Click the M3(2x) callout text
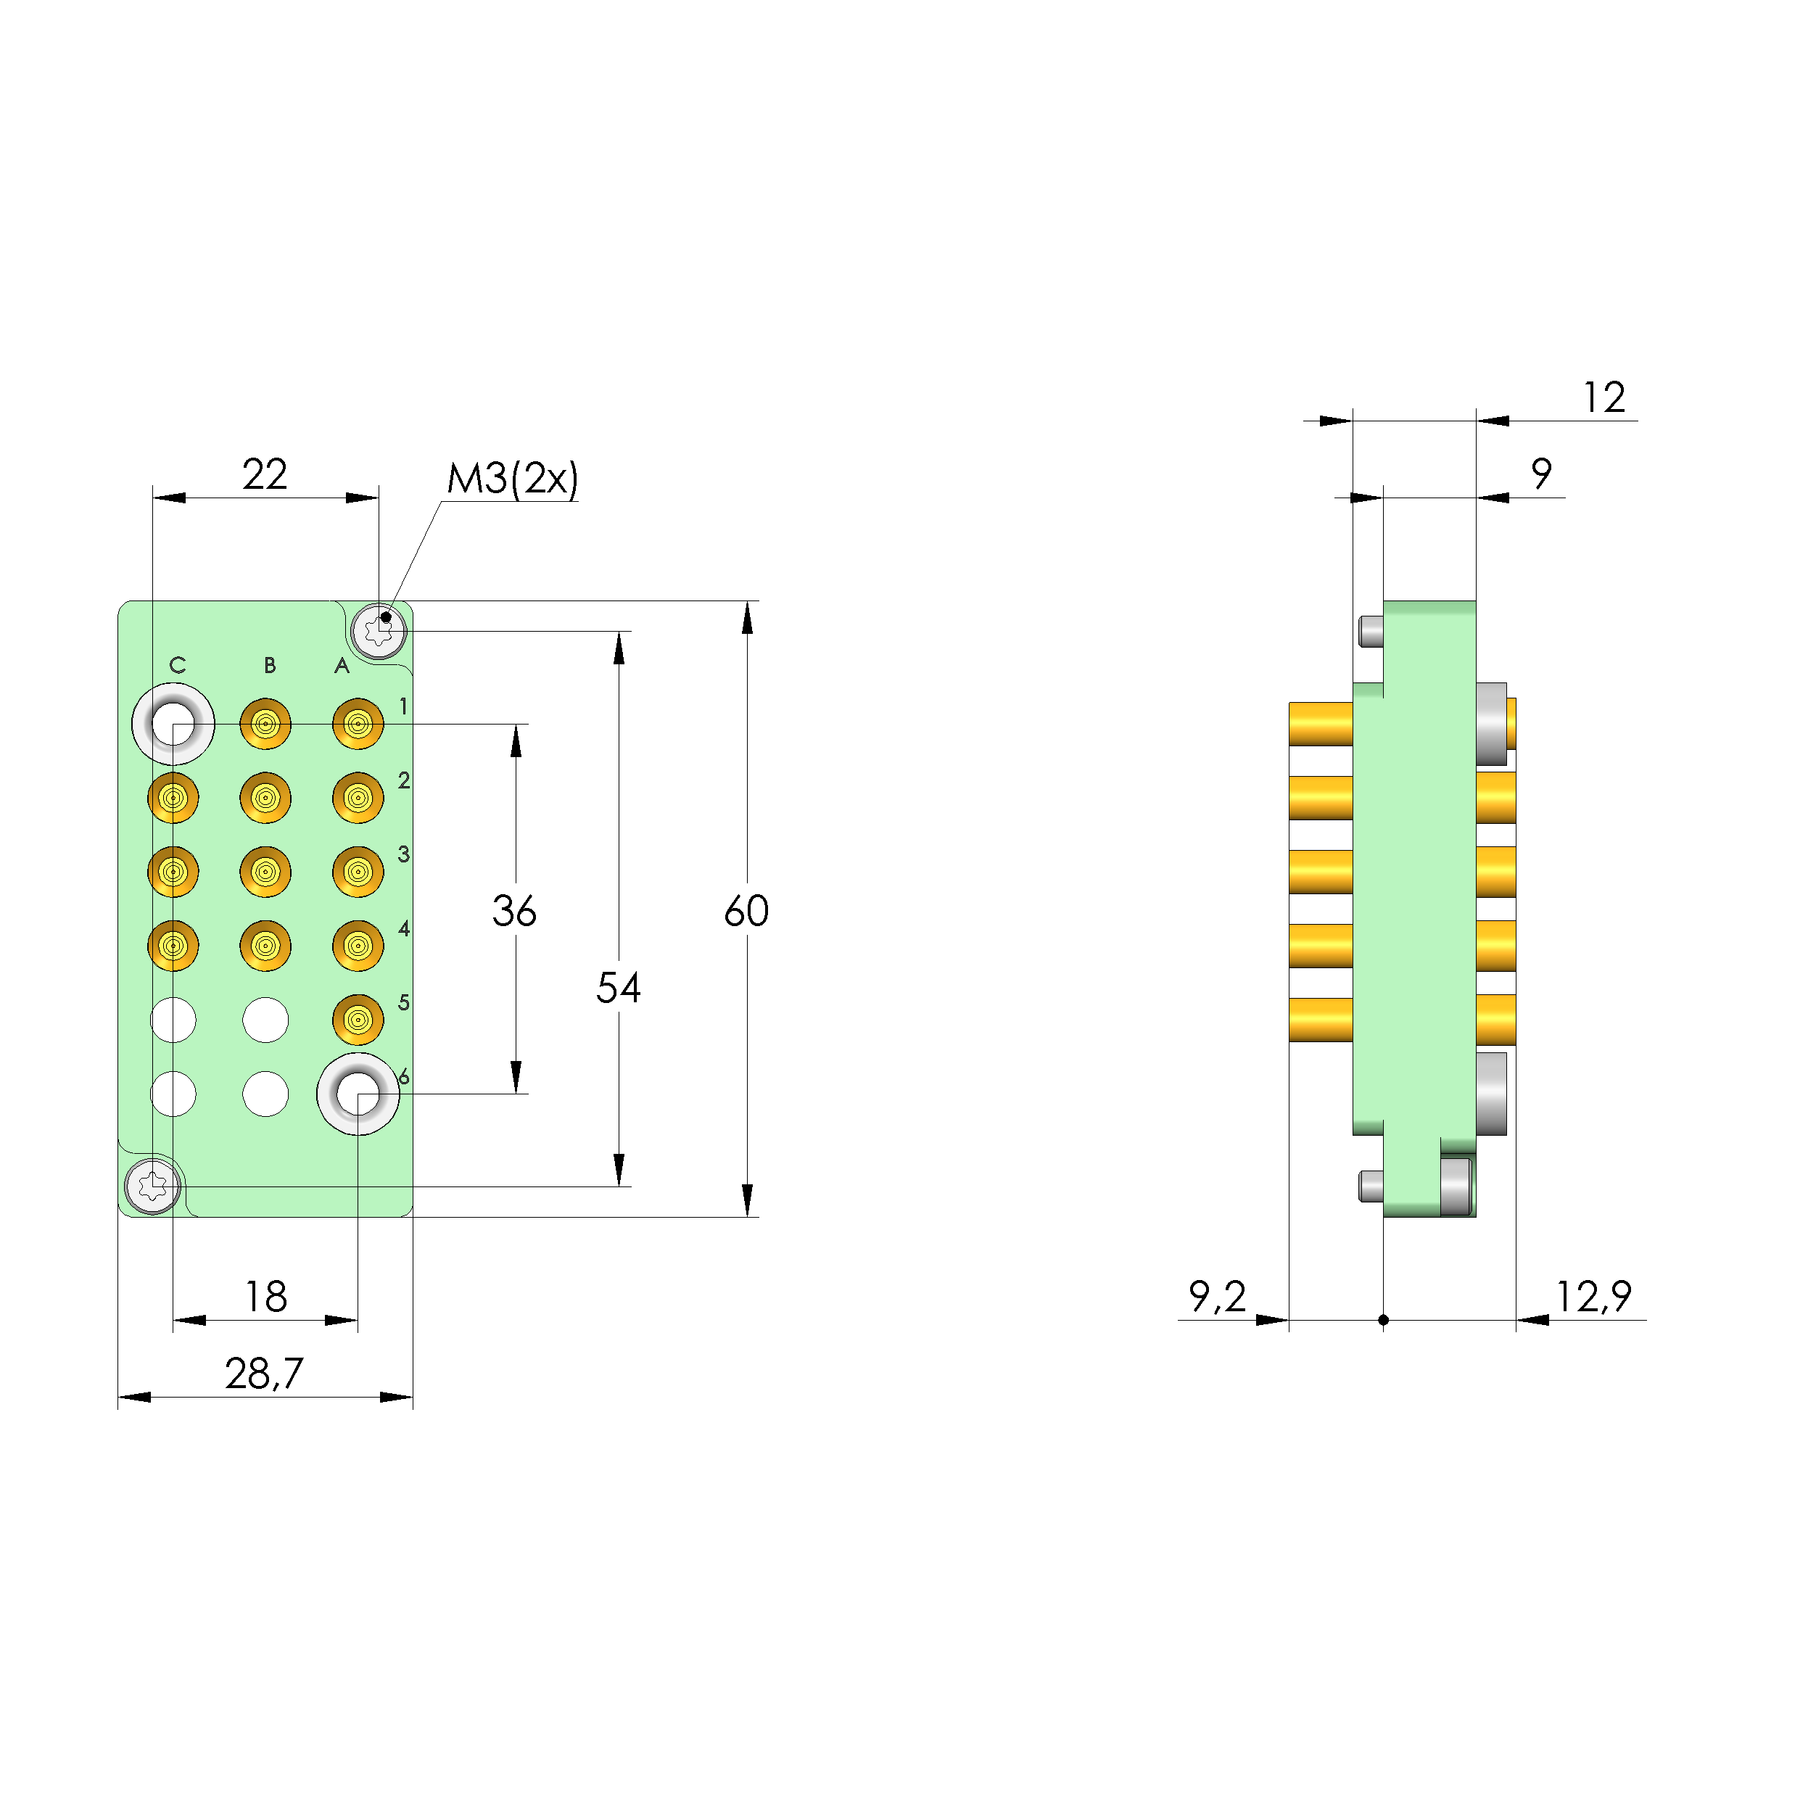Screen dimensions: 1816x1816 [x=512, y=479]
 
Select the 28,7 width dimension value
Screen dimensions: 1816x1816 [x=264, y=1374]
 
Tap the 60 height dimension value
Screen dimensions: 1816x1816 [x=746, y=911]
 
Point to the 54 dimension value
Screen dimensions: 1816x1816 [x=619, y=988]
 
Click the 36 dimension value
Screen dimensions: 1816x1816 [x=514, y=911]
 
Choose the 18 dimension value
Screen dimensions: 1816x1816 [x=266, y=1297]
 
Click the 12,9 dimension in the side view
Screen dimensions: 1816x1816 [x=1593, y=1297]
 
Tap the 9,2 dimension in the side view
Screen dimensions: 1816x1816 [x=1217, y=1297]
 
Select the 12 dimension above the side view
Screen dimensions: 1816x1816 [x=1604, y=397]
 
